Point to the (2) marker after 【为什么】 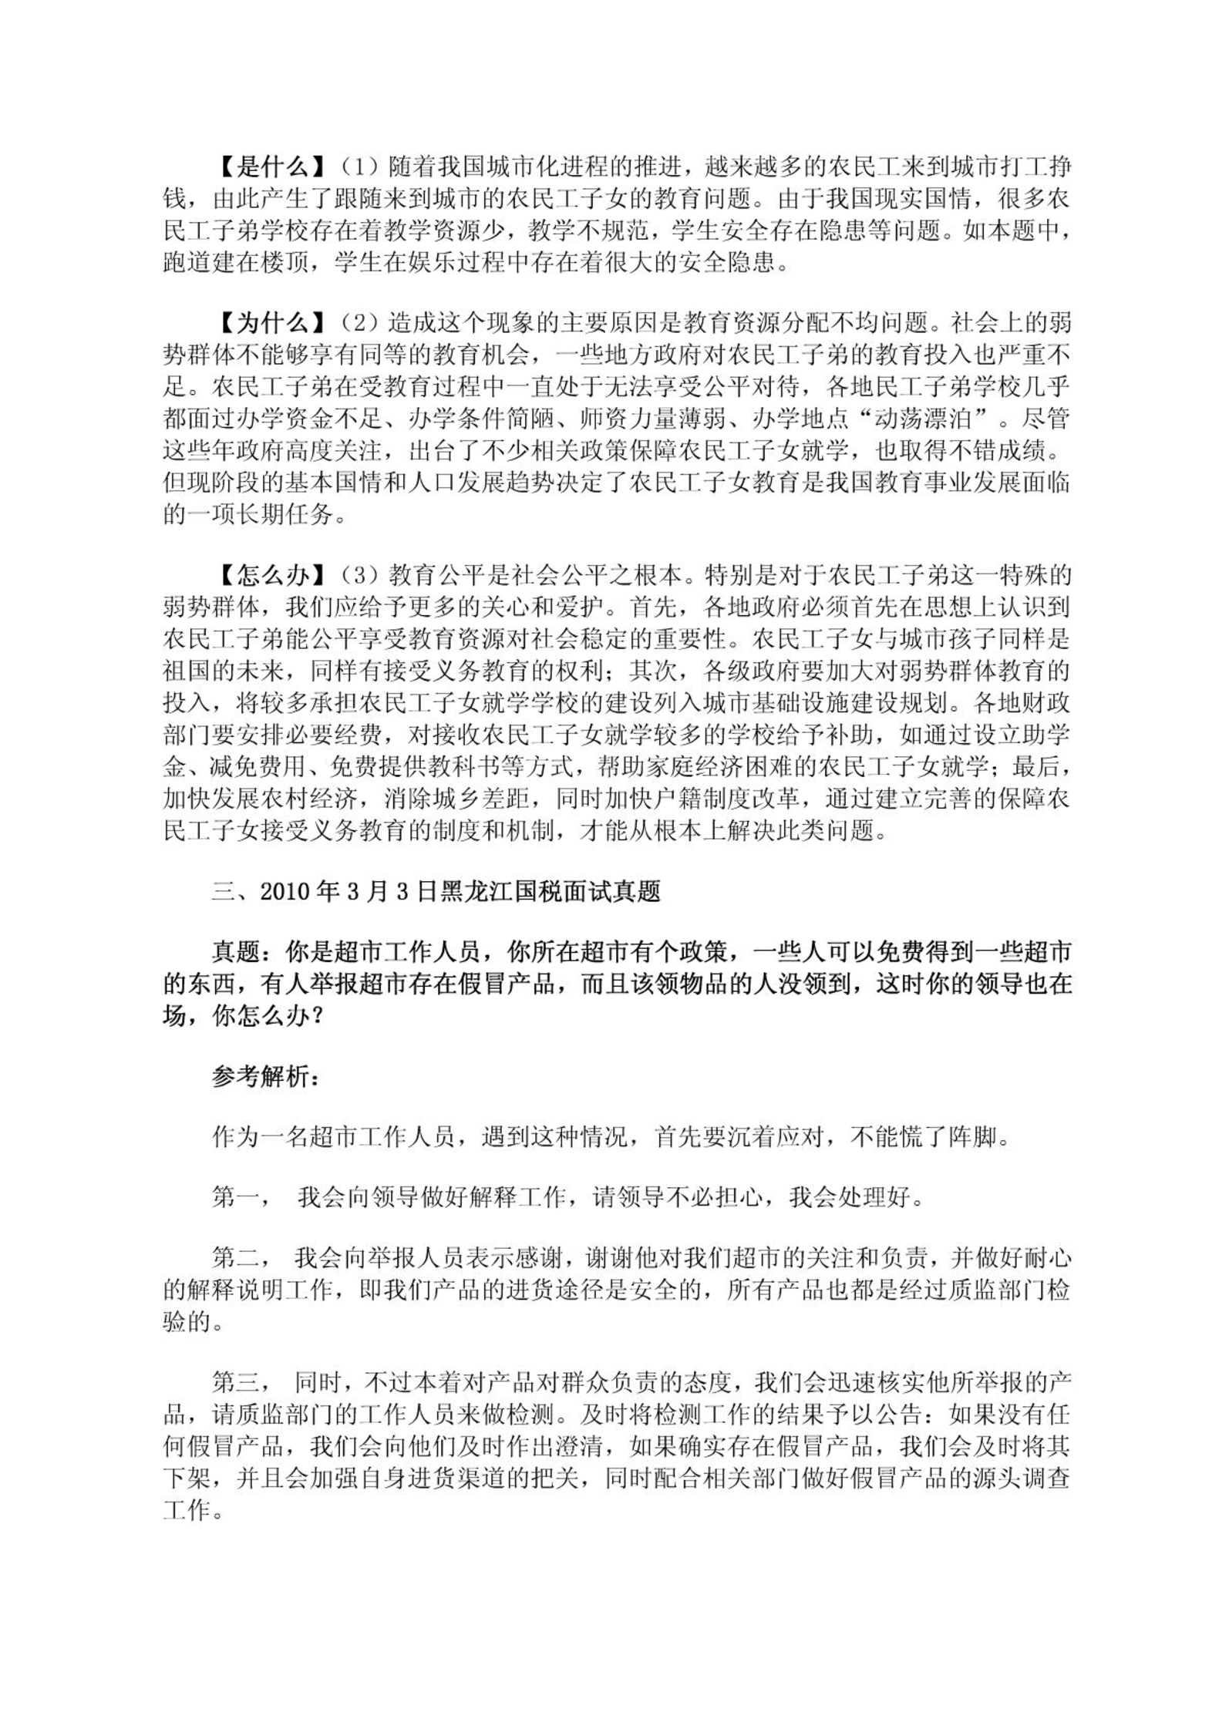click(x=359, y=322)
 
